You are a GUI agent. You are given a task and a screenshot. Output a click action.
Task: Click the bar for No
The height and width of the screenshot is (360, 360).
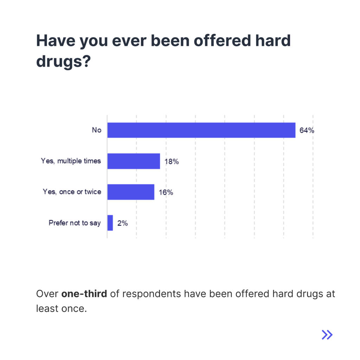pos(201,130)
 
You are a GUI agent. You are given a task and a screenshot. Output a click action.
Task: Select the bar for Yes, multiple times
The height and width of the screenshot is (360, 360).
pos(134,161)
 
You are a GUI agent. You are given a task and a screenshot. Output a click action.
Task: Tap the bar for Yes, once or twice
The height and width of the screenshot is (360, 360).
pos(131,192)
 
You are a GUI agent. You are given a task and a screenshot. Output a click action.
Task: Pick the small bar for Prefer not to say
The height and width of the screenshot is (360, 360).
pos(110,223)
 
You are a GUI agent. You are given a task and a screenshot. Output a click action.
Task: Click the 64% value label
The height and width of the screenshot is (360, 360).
pos(307,130)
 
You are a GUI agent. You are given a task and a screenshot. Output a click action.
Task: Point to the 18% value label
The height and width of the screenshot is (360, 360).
pos(172,161)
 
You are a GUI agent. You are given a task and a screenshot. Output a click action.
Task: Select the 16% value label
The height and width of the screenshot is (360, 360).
pos(166,192)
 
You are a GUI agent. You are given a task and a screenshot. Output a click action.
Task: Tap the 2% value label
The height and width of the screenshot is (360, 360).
pos(122,223)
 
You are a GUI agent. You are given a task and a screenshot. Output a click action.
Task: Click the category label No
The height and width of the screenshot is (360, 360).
pos(96,130)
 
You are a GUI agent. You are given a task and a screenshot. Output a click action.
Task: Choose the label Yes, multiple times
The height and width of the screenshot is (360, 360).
pos(71,161)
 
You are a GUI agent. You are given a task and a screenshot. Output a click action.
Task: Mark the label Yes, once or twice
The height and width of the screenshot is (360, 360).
pos(72,192)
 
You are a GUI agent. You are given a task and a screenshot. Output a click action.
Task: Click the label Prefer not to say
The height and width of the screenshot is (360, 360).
pos(75,223)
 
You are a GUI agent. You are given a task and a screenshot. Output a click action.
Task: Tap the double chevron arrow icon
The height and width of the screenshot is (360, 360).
pos(327,335)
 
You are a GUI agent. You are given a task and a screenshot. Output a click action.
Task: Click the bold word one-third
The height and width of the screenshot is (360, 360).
pos(84,294)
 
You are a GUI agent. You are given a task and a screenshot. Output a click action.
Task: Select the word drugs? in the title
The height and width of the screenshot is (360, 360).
pos(64,62)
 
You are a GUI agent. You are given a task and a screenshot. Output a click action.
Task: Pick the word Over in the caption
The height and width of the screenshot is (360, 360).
pos(47,294)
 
